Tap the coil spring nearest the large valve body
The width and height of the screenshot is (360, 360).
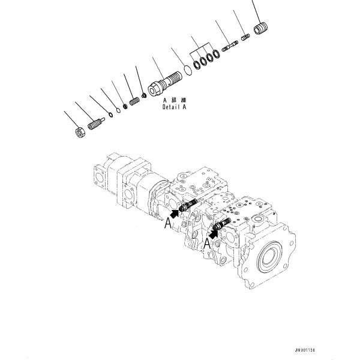[134, 100]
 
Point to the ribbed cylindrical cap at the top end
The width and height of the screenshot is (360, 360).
[260, 28]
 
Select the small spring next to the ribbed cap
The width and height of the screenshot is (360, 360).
[244, 38]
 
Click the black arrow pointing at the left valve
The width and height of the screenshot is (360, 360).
[175, 212]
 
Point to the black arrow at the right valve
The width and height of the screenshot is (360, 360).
[214, 229]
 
